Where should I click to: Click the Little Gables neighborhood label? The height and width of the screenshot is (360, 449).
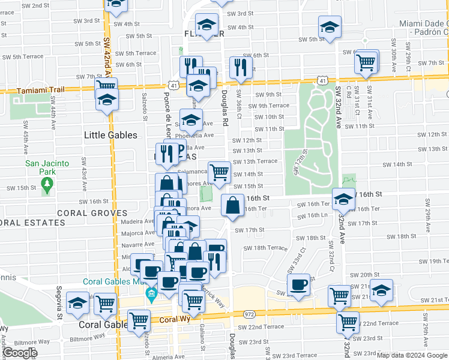point(110,135)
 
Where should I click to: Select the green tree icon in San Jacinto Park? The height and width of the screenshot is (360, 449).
point(47,190)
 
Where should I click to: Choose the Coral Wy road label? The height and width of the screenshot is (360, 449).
point(174,319)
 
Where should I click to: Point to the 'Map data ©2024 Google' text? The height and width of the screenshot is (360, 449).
point(412,355)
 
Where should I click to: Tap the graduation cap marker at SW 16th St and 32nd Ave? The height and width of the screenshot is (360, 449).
point(343,199)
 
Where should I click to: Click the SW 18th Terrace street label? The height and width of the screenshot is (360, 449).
point(265,248)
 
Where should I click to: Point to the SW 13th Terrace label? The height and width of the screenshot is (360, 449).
point(255,161)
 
